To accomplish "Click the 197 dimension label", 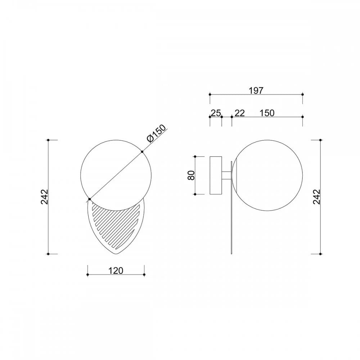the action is pyautogui.click(x=256, y=90).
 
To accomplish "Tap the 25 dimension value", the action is pyautogui.click(x=216, y=113).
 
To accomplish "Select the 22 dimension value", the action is pyautogui.click(x=239, y=113).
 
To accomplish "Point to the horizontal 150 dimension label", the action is pyautogui.click(x=267, y=113).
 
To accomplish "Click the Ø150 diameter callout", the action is pyautogui.click(x=156, y=134).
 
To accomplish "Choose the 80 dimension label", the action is pyautogui.click(x=191, y=175).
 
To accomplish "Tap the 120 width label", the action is pyautogui.click(x=116, y=271).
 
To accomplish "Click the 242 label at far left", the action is pyautogui.click(x=44, y=197).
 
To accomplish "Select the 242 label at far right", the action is pyautogui.click(x=316, y=197).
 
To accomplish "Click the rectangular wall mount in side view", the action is pyautogui.click(x=216, y=175).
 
